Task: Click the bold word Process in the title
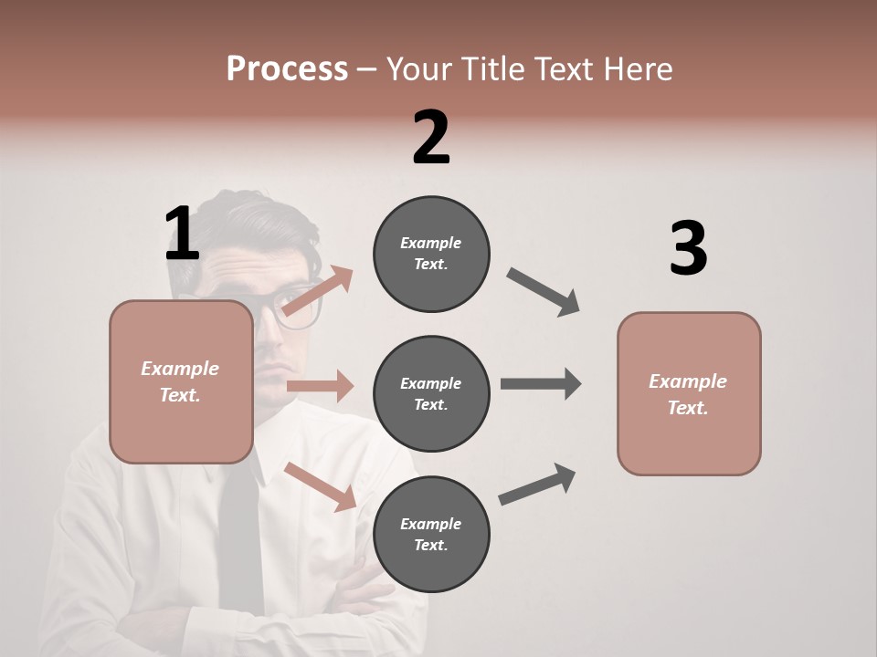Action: [x=287, y=68]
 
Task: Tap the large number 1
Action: [x=182, y=234]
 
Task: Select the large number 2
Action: [x=431, y=137]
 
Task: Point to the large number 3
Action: [x=688, y=248]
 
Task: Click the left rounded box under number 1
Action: [x=181, y=381]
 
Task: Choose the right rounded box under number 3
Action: [x=689, y=393]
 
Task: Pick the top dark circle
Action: [x=431, y=254]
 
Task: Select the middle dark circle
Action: [x=431, y=393]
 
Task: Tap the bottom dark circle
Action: [x=431, y=534]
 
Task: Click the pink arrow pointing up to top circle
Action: [x=318, y=290]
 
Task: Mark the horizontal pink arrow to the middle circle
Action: [x=320, y=386]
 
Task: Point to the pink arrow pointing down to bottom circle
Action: [x=320, y=485]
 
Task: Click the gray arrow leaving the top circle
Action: [x=544, y=292]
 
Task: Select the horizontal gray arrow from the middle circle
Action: [x=541, y=383]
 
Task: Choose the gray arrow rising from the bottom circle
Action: [x=537, y=484]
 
